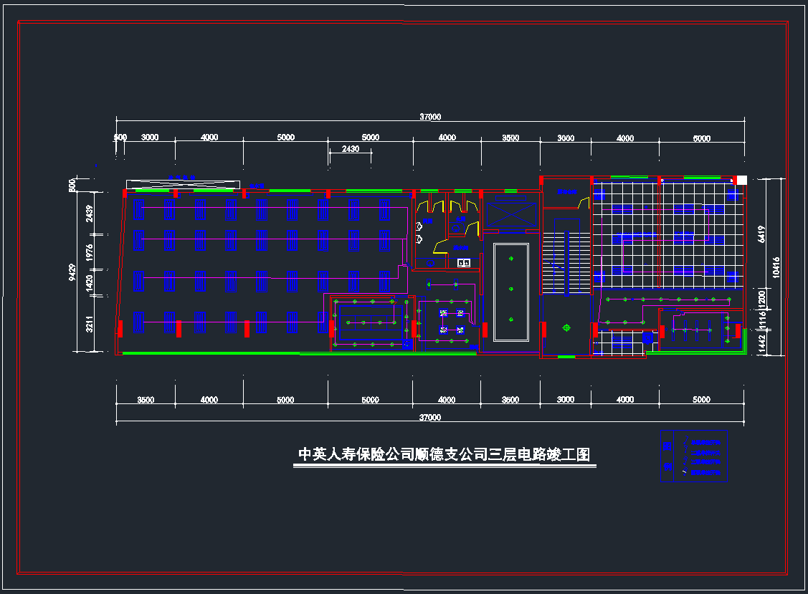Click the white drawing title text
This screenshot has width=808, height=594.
coord(444,454)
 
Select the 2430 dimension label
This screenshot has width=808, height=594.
coord(350,149)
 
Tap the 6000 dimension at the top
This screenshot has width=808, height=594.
coord(701,138)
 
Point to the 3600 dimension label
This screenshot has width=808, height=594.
coord(510,400)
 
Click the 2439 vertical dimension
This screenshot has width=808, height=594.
coord(90,214)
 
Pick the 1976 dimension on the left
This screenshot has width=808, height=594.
coord(90,252)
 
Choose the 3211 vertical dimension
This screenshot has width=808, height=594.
coord(90,324)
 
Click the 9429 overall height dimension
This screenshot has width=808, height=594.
coord(72,272)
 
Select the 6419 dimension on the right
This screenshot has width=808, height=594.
coord(761,234)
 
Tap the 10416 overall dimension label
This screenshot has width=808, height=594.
coord(776,267)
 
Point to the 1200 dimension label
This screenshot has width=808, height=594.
coord(761,297)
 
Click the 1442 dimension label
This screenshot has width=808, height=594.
coord(761,344)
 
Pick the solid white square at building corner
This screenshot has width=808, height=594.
coord(742,180)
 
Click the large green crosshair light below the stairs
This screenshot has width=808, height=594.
coord(566,327)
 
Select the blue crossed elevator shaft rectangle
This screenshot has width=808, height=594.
coord(510,214)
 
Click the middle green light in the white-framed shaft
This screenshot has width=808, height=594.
coord(511,289)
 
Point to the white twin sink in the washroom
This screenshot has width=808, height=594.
coord(463,263)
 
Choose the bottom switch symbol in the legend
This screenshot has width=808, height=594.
coord(685,471)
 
